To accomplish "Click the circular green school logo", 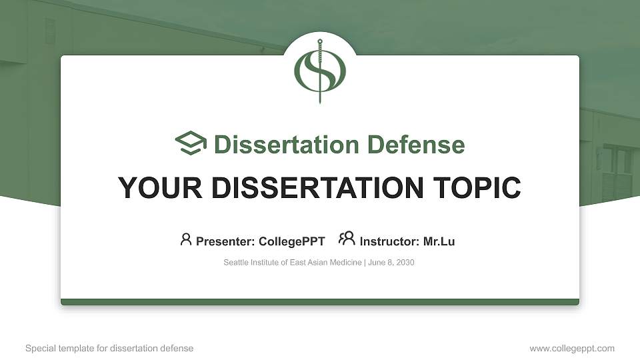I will point(320,71).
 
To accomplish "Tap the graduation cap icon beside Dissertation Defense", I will point(191,144).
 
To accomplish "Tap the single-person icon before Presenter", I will point(186,239).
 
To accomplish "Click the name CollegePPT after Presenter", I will point(293,241).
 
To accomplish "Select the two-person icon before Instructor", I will point(347,239).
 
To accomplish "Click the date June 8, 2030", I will point(391,263).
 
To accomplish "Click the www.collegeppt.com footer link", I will point(572,349).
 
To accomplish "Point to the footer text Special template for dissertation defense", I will point(109,349).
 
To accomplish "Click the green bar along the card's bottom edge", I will point(320,302).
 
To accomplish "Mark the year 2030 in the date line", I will point(405,263).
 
